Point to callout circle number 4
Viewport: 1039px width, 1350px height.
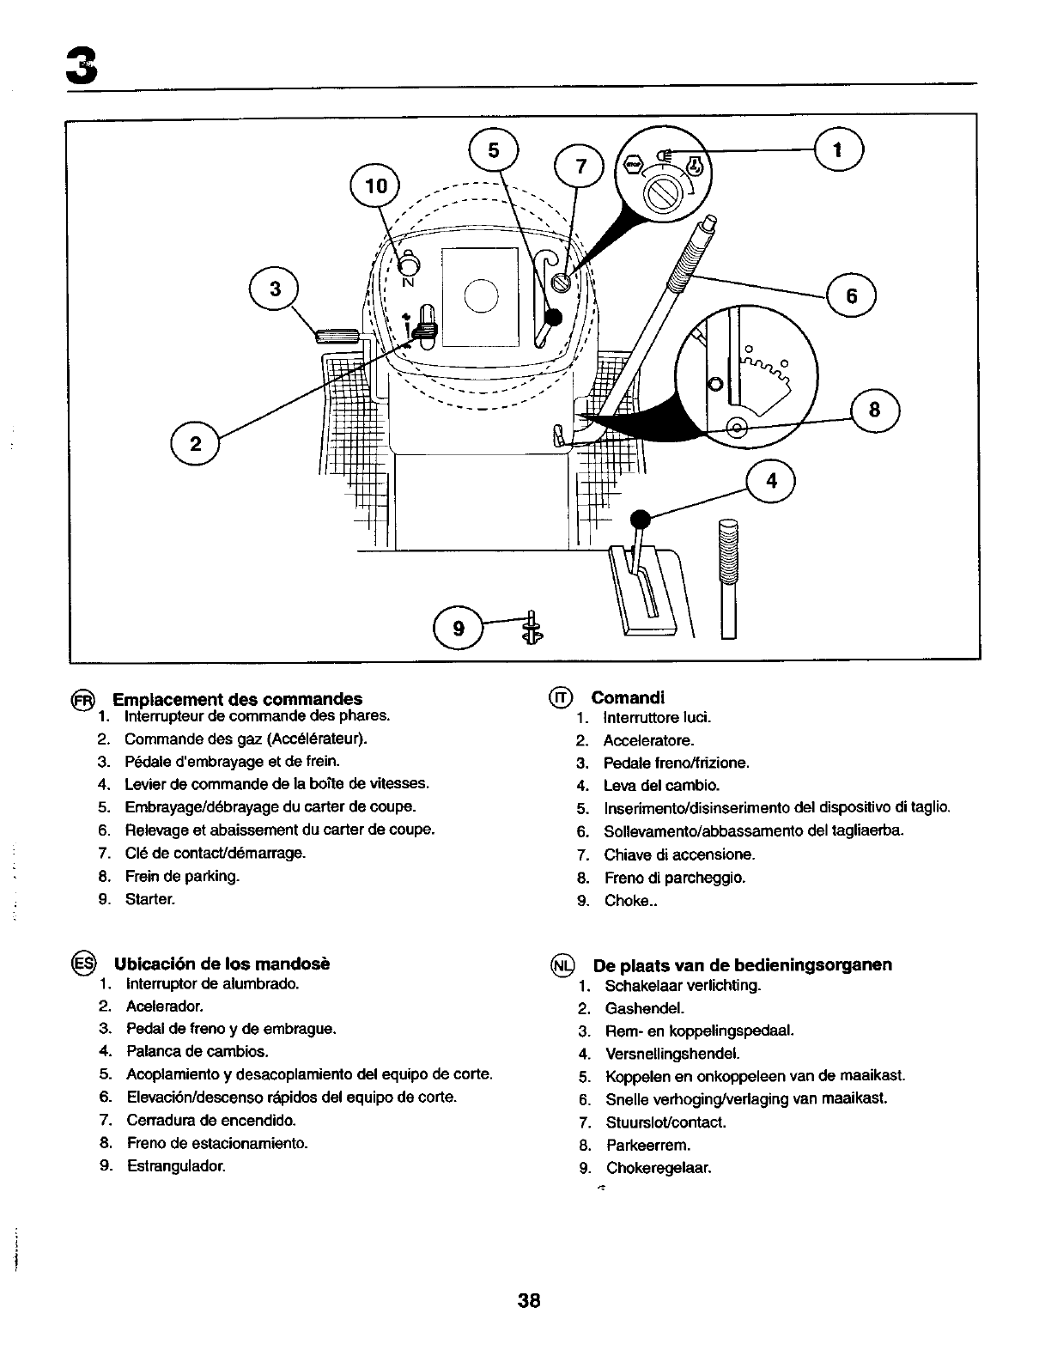coord(771,481)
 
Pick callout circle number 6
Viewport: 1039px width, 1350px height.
coord(851,296)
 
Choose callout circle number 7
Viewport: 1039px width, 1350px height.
coord(580,167)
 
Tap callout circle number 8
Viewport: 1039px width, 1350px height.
coord(874,411)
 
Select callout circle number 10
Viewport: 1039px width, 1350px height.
coord(376,186)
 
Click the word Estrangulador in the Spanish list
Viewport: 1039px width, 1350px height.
coord(175,1166)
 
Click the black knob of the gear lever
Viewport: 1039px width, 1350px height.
coord(639,519)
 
